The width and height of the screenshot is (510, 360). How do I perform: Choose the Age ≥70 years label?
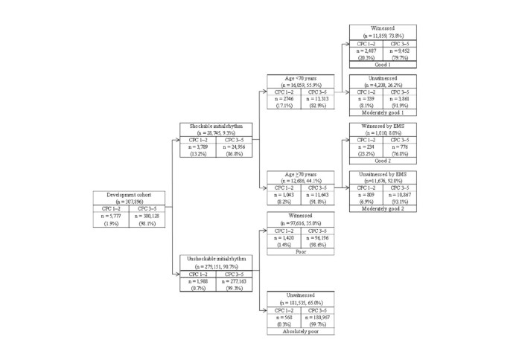[x=301, y=174]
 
